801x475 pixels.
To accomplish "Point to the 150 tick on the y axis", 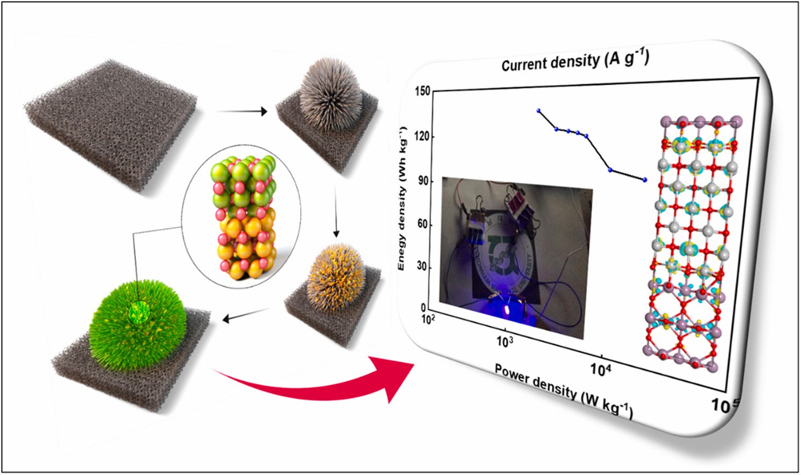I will coord(423,91).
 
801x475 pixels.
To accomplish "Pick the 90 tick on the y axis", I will coord(424,181).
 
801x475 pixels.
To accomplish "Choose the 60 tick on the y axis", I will coord(424,224).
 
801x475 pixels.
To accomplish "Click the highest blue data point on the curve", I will coord(538,111).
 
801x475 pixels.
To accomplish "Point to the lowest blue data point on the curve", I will coord(645,180).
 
